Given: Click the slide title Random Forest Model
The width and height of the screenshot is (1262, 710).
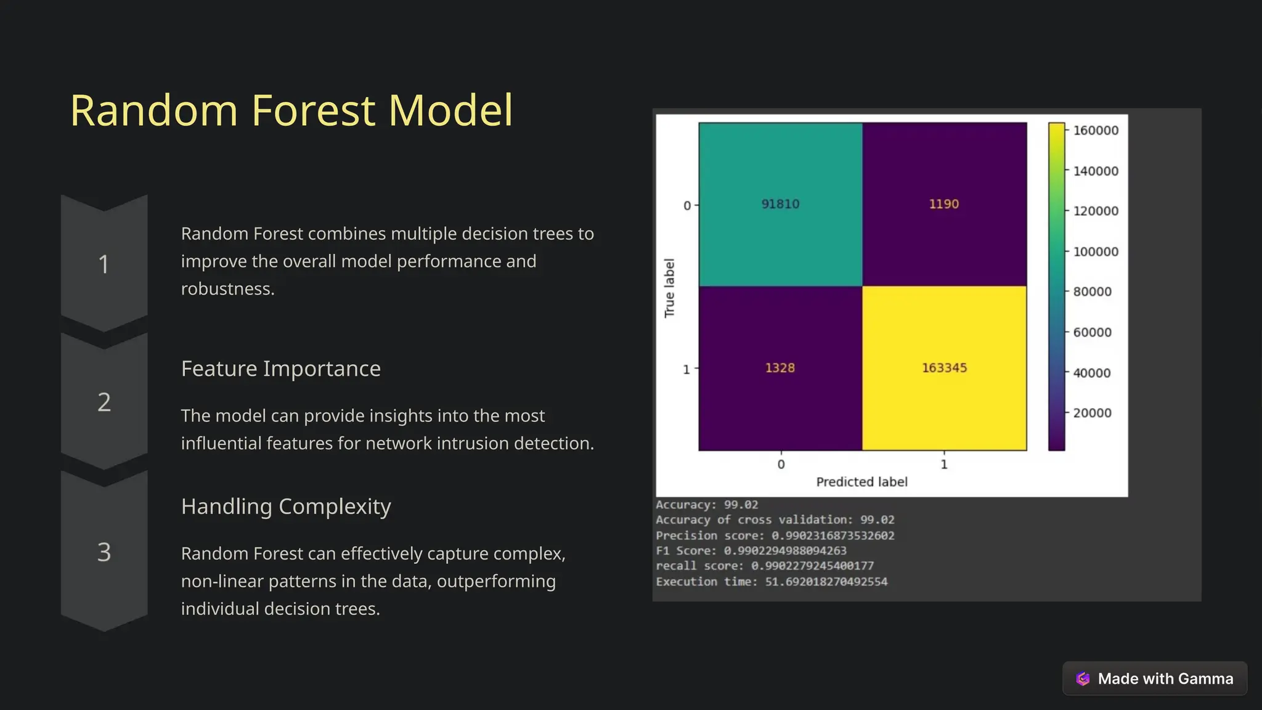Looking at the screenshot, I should click(x=291, y=111).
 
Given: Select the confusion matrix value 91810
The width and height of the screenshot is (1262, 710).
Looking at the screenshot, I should click(x=780, y=204).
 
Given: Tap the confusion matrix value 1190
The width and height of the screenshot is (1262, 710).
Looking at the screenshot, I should click(x=944, y=204).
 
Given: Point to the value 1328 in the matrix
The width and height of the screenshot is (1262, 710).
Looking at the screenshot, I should click(x=780, y=368).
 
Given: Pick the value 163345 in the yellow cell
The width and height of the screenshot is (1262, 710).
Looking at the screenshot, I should click(x=944, y=368).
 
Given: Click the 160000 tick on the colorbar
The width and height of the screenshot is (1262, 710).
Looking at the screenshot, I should click(x=1096, y=131).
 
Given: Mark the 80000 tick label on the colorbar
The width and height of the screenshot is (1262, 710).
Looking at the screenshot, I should click(x=1092, y=292).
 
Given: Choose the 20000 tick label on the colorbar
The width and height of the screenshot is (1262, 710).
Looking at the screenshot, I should click(x=1092, y=414).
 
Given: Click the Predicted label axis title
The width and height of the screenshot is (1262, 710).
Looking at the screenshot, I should click(x=861, y=482).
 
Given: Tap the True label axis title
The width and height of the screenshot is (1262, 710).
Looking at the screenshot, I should click(x=670, y=288).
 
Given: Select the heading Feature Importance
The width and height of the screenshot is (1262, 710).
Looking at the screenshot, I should click(x=281, y=369).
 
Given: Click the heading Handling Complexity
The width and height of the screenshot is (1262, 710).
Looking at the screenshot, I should click(x=286, y=507).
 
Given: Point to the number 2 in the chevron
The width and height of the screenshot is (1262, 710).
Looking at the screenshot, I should click(x=104, y=402).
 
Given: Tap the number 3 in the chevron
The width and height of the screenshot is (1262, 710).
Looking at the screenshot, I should click(x=104, y=552).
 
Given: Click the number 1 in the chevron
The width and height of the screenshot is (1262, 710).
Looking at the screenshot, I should click(x=104, y=265).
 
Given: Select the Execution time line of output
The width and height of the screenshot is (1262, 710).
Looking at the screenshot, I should click(x=771, y=582).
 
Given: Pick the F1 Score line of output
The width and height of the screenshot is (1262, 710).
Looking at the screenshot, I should click(x=751, y=551).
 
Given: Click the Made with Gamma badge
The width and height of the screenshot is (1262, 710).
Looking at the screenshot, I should click(x=1155, y=679).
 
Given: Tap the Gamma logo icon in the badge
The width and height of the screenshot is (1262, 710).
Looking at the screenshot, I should click(x=1083, y=679).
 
